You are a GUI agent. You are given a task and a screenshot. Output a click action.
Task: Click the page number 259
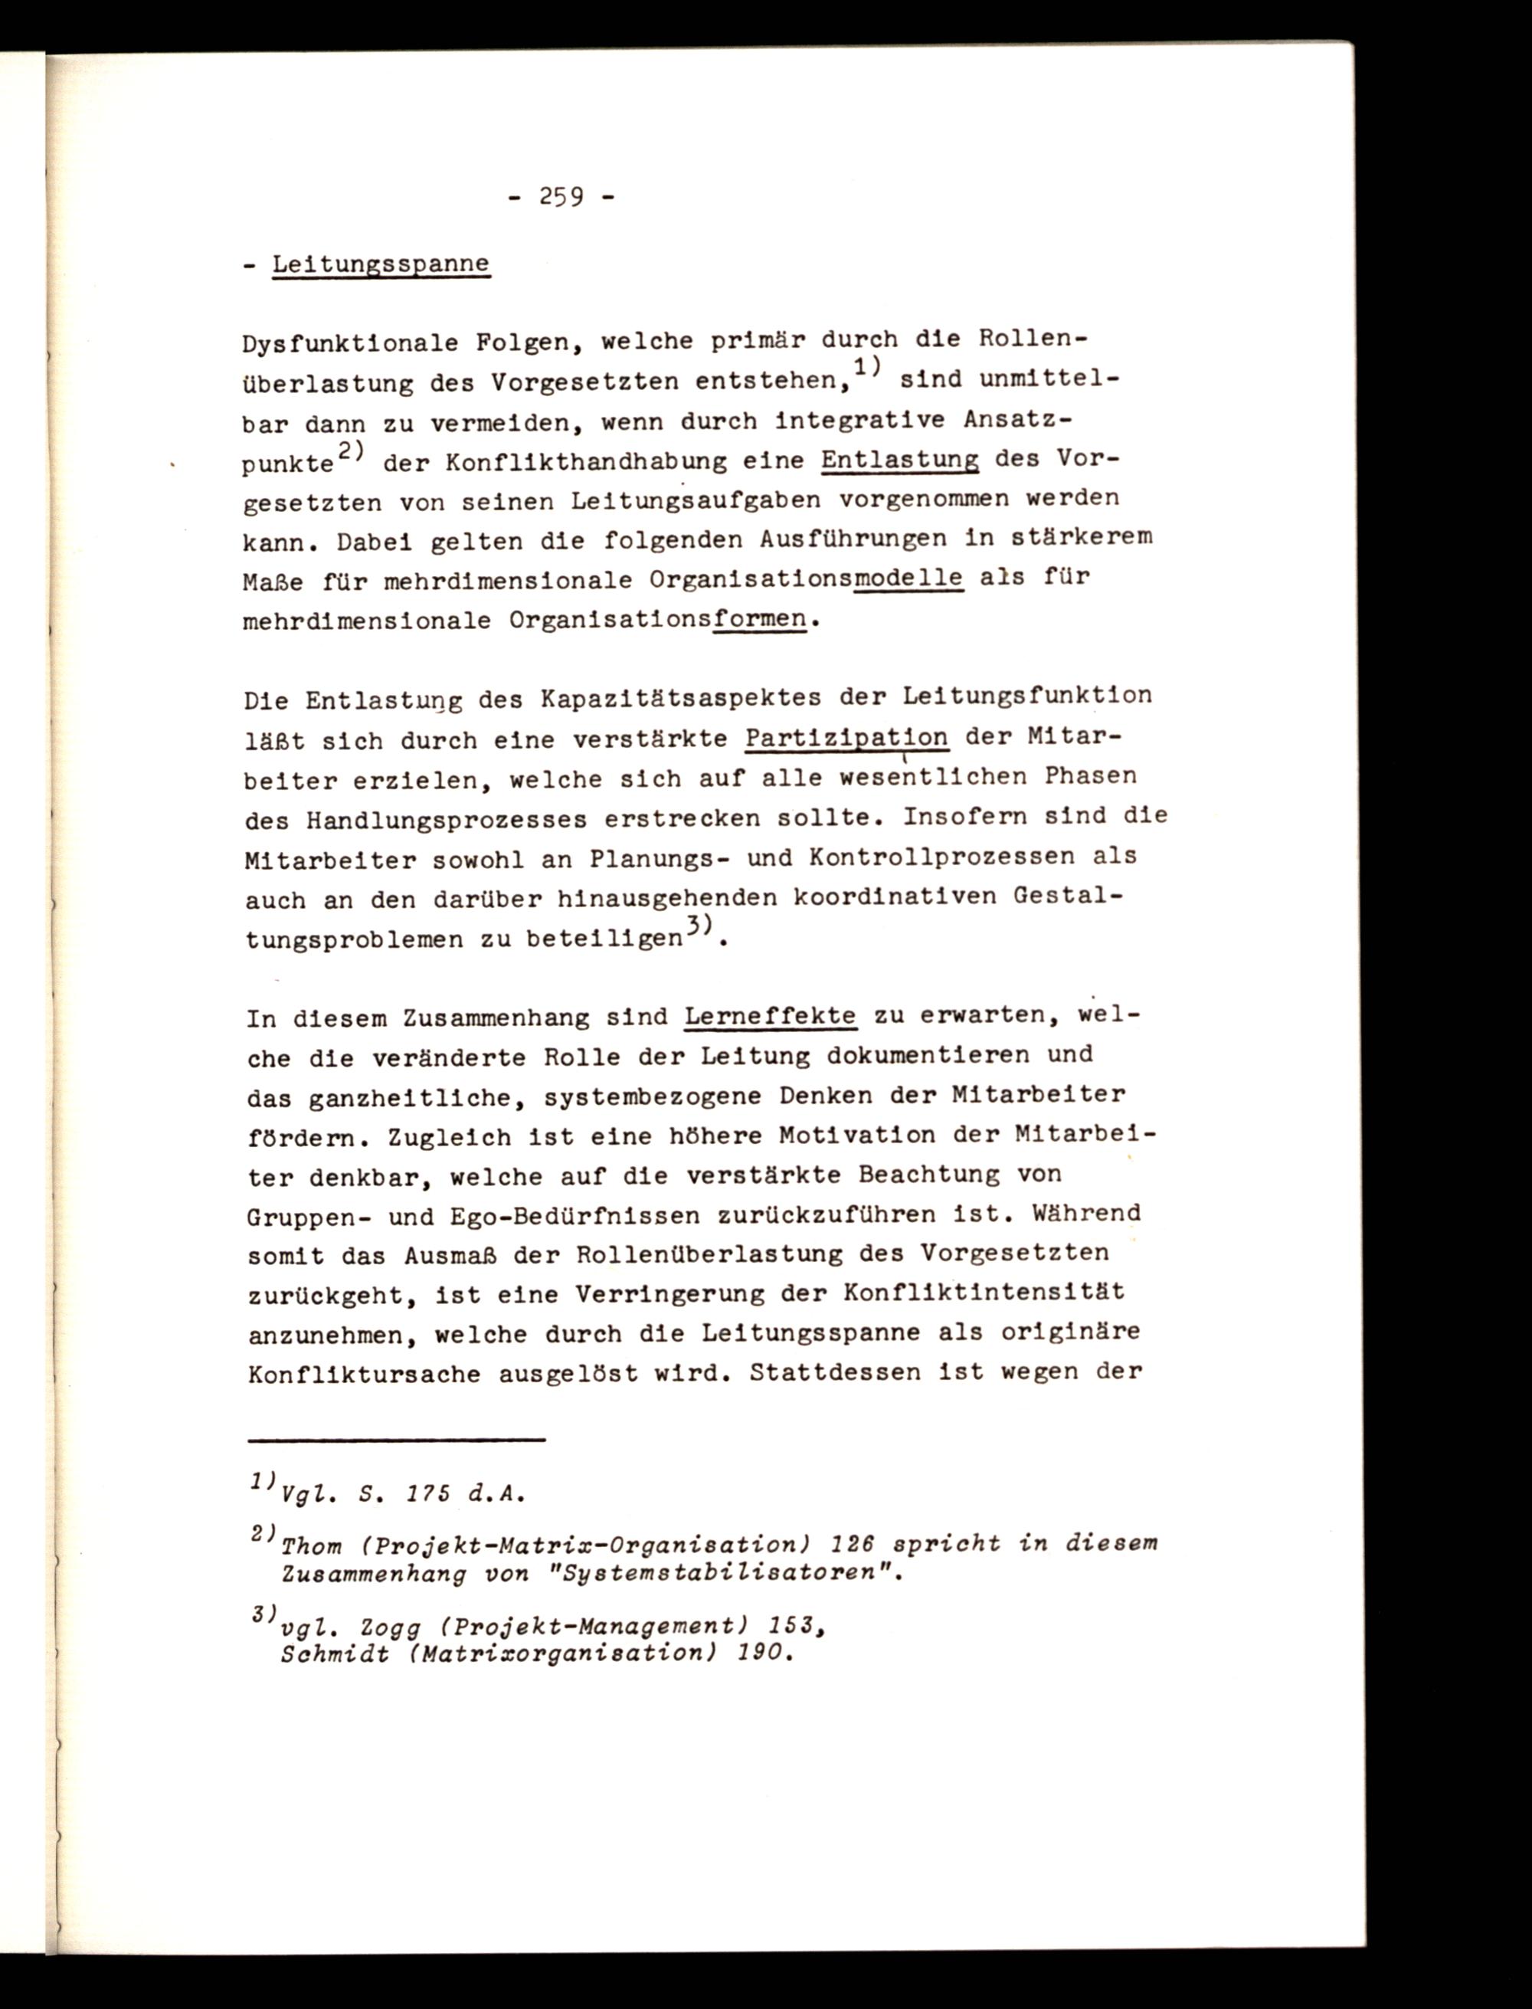tap(561, 195)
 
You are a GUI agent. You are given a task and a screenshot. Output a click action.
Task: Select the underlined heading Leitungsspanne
tap(381, 264)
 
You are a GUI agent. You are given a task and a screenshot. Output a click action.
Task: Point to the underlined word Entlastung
tap(899, 460)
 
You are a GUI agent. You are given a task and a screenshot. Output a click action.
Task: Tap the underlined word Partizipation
tap(846, 738)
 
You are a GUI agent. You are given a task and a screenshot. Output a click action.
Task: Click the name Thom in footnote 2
tap(312, 1547)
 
